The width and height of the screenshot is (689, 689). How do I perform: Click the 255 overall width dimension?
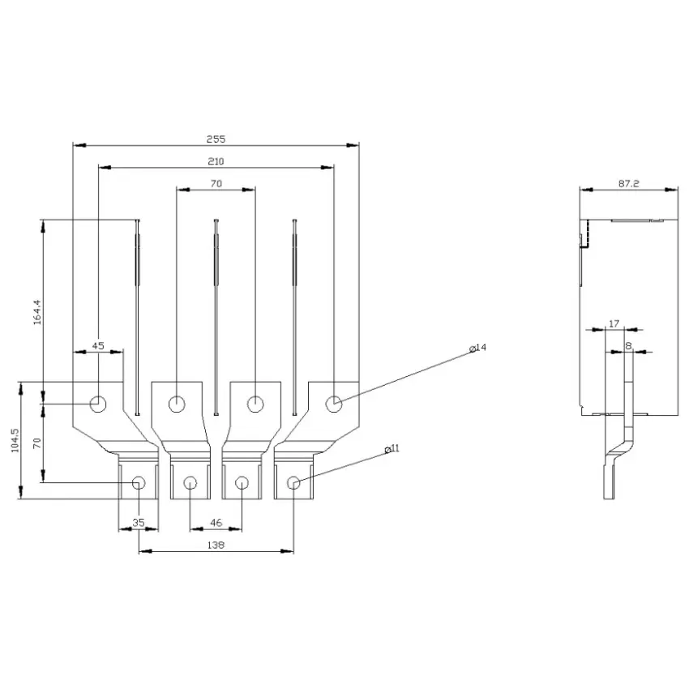216,139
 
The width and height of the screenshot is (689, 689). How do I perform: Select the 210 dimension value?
216,161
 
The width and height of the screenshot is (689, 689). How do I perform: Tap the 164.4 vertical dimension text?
37,312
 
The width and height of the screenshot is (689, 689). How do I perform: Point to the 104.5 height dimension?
15,440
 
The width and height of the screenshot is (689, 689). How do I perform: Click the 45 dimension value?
98,346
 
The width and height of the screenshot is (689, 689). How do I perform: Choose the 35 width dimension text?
139,523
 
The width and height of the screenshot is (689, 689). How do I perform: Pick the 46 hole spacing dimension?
216,523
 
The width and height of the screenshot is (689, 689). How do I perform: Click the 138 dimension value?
216,545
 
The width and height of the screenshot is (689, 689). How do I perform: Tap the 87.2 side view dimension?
629,184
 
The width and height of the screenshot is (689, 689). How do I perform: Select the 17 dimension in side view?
614,324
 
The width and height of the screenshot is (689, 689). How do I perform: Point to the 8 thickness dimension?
628,346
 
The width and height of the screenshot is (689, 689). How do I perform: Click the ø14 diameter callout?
478,348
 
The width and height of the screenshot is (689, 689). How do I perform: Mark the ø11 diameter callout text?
392,448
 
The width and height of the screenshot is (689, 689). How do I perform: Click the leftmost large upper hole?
98,404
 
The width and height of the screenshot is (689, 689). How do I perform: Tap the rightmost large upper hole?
334,404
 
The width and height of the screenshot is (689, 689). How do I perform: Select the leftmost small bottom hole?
139,483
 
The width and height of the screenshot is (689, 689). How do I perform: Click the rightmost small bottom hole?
293,483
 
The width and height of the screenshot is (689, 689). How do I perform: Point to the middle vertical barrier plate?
216,316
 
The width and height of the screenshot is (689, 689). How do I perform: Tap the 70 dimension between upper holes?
216,183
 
